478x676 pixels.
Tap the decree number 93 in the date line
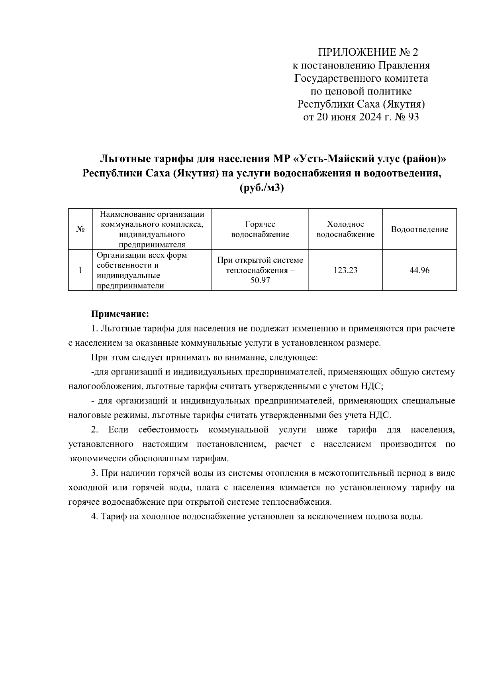tap(413, 117)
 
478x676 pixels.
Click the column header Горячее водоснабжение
tap(260, 229)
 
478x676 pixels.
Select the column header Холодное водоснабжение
tap(345, 229)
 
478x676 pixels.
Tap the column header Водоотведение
tap(419, 229)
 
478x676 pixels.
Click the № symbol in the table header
tap(80, 229)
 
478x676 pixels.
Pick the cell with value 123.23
tap(345, 270)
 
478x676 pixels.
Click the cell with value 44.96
tap(419, 270)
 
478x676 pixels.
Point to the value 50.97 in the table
tap(260, 280)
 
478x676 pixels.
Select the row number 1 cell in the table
tap(80, 270)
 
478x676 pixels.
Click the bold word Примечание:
tap(120, 314)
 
